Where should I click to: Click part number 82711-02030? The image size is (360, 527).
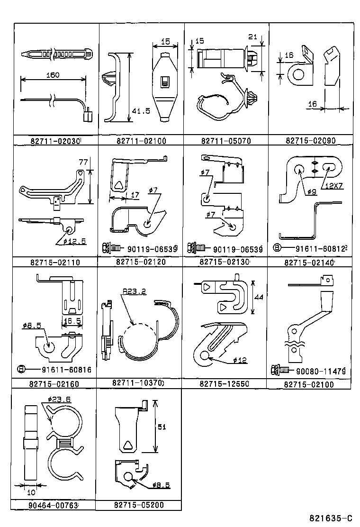coord(55,141)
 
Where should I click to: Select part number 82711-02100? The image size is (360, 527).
coord(141,141)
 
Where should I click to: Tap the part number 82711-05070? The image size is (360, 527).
coord(225,141)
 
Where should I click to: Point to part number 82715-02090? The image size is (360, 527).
coord(310,141)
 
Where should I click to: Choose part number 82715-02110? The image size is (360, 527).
coord(55,262)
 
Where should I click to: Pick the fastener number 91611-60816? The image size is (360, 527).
coord(65,370)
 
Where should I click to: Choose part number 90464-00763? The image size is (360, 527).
coord(54,506)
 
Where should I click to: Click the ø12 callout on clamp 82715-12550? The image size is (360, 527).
coord(240,360)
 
